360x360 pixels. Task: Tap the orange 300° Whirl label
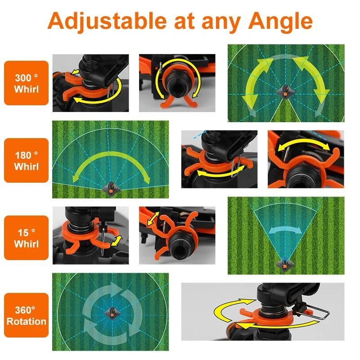26,83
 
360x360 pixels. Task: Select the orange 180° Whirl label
26,160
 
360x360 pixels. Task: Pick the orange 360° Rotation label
26,315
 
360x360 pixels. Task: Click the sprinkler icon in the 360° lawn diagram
110,311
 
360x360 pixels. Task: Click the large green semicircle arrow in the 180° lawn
110,162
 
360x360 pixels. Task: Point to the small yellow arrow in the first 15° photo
116,239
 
